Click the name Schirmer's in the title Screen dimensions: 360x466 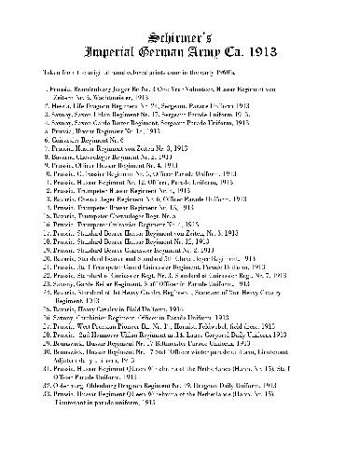point(179,18)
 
